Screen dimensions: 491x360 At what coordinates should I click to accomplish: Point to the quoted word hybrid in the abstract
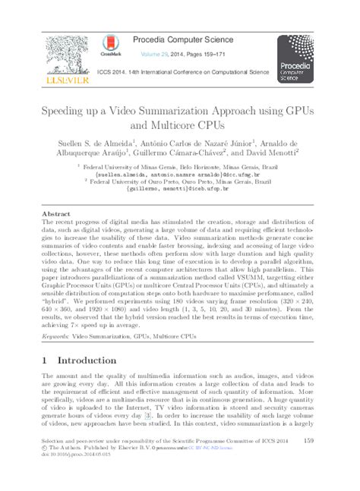tap(55, 310)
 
